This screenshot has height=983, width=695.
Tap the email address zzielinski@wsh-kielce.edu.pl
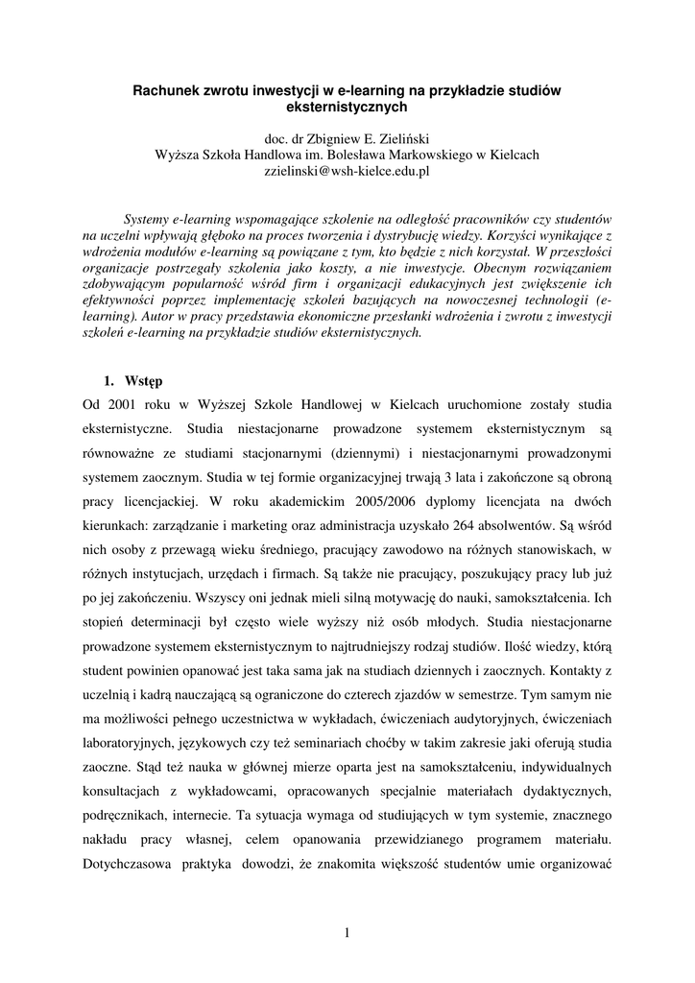(x=347, y=170)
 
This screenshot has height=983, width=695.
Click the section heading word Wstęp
(x=144, y=381)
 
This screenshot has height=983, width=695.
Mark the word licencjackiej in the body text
(x=157, y=500)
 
